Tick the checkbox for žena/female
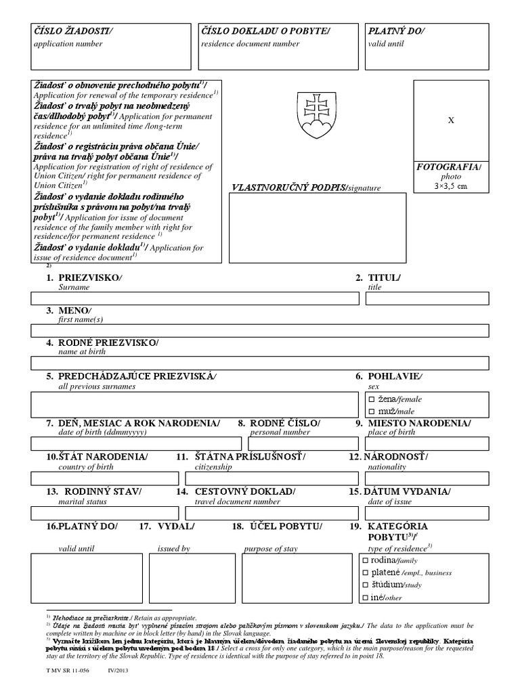371,399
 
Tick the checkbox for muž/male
371,411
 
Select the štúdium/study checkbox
366,585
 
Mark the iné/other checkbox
366,597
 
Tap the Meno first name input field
260,330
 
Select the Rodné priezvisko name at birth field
260,362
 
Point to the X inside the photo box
452,120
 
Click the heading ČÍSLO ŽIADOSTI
74,31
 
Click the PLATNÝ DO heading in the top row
397,31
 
